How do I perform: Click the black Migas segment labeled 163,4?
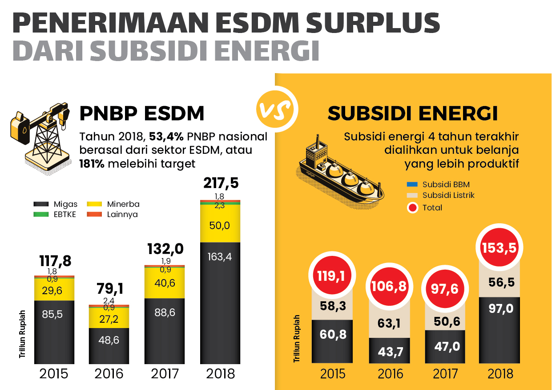click(220, 258)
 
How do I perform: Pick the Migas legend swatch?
click(41, 204)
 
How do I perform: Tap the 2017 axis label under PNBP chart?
click(165, 374)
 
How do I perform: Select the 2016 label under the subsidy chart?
click(390, 374)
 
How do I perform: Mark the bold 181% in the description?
click(92, 164)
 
